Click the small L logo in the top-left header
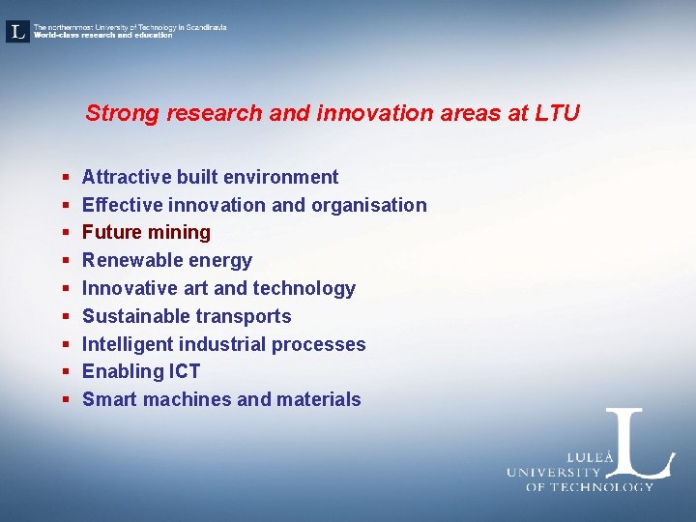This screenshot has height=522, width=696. (x=17, y=31)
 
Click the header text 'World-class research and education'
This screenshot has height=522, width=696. (x=102, y=36)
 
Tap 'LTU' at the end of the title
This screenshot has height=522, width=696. (x=557, y=113)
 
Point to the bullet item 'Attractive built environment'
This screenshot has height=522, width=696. (x=210, y=177)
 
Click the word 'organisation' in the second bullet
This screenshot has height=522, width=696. (x=370, y=205)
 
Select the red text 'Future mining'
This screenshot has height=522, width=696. (x=146, y=232)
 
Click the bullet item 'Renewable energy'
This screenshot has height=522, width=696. (x=166, y=260)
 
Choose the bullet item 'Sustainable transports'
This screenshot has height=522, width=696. (x=187, y=316)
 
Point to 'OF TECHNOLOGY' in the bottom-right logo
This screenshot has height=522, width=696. (x=589, y=486)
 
